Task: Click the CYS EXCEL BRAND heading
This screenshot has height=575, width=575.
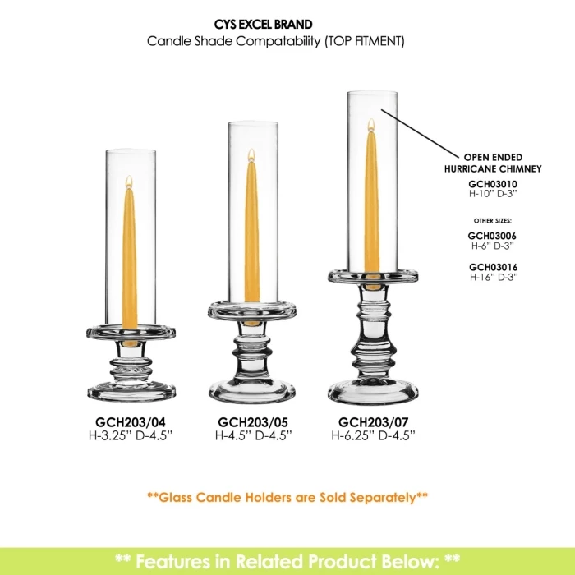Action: (264, 24)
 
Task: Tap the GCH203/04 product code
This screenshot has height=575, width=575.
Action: (131, 422)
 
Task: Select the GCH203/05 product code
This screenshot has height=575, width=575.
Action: (253, 422)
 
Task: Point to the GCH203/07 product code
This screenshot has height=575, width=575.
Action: (373, 422)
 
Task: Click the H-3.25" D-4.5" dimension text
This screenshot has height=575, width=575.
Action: (131, 435)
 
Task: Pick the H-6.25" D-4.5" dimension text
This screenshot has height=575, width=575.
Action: (373, 435)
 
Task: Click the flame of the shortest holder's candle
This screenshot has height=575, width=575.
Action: (129, 182)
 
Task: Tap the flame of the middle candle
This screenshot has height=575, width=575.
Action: (251, 155)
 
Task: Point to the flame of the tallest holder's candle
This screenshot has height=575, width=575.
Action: (371, 125)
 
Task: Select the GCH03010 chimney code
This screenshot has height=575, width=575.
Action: (493, 184)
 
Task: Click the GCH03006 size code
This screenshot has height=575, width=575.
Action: (492, 236)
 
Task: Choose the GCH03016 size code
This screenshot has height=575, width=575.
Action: (493, 267)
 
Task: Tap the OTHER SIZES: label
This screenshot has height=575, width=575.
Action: (493, 221)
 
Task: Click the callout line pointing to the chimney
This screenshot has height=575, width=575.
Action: (421, 134)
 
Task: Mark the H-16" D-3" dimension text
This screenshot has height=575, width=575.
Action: (494, 277)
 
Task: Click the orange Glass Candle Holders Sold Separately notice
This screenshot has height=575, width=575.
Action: (287, 497)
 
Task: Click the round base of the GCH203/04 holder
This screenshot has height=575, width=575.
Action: (131, 392)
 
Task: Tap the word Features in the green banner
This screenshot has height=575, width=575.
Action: (183, 561)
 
